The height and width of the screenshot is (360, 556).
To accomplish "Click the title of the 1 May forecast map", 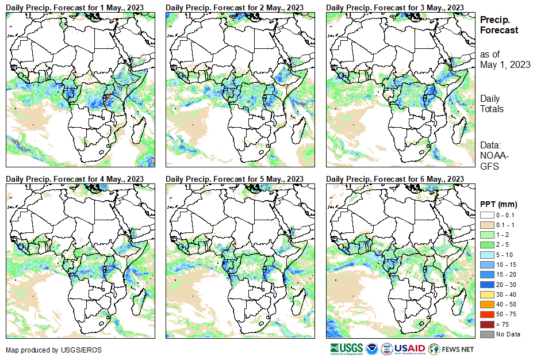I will [75, 7].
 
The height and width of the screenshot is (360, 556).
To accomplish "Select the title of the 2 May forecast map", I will [235, 7].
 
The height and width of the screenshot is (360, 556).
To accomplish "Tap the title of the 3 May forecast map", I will [395, 7].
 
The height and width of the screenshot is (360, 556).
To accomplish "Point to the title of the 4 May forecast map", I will [75, 179].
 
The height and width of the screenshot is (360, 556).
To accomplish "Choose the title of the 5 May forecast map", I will [235, 179].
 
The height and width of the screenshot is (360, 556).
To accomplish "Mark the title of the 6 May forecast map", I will [395, 179].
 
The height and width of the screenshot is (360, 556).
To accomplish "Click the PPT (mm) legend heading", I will [499, 204].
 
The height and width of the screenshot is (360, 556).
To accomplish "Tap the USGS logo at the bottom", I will [346, 348].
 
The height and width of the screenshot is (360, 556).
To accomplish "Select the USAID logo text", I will [410, 348].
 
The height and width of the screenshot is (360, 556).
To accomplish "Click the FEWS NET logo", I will [452, 348].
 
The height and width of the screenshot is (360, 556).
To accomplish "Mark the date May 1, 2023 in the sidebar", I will [505, 64].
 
